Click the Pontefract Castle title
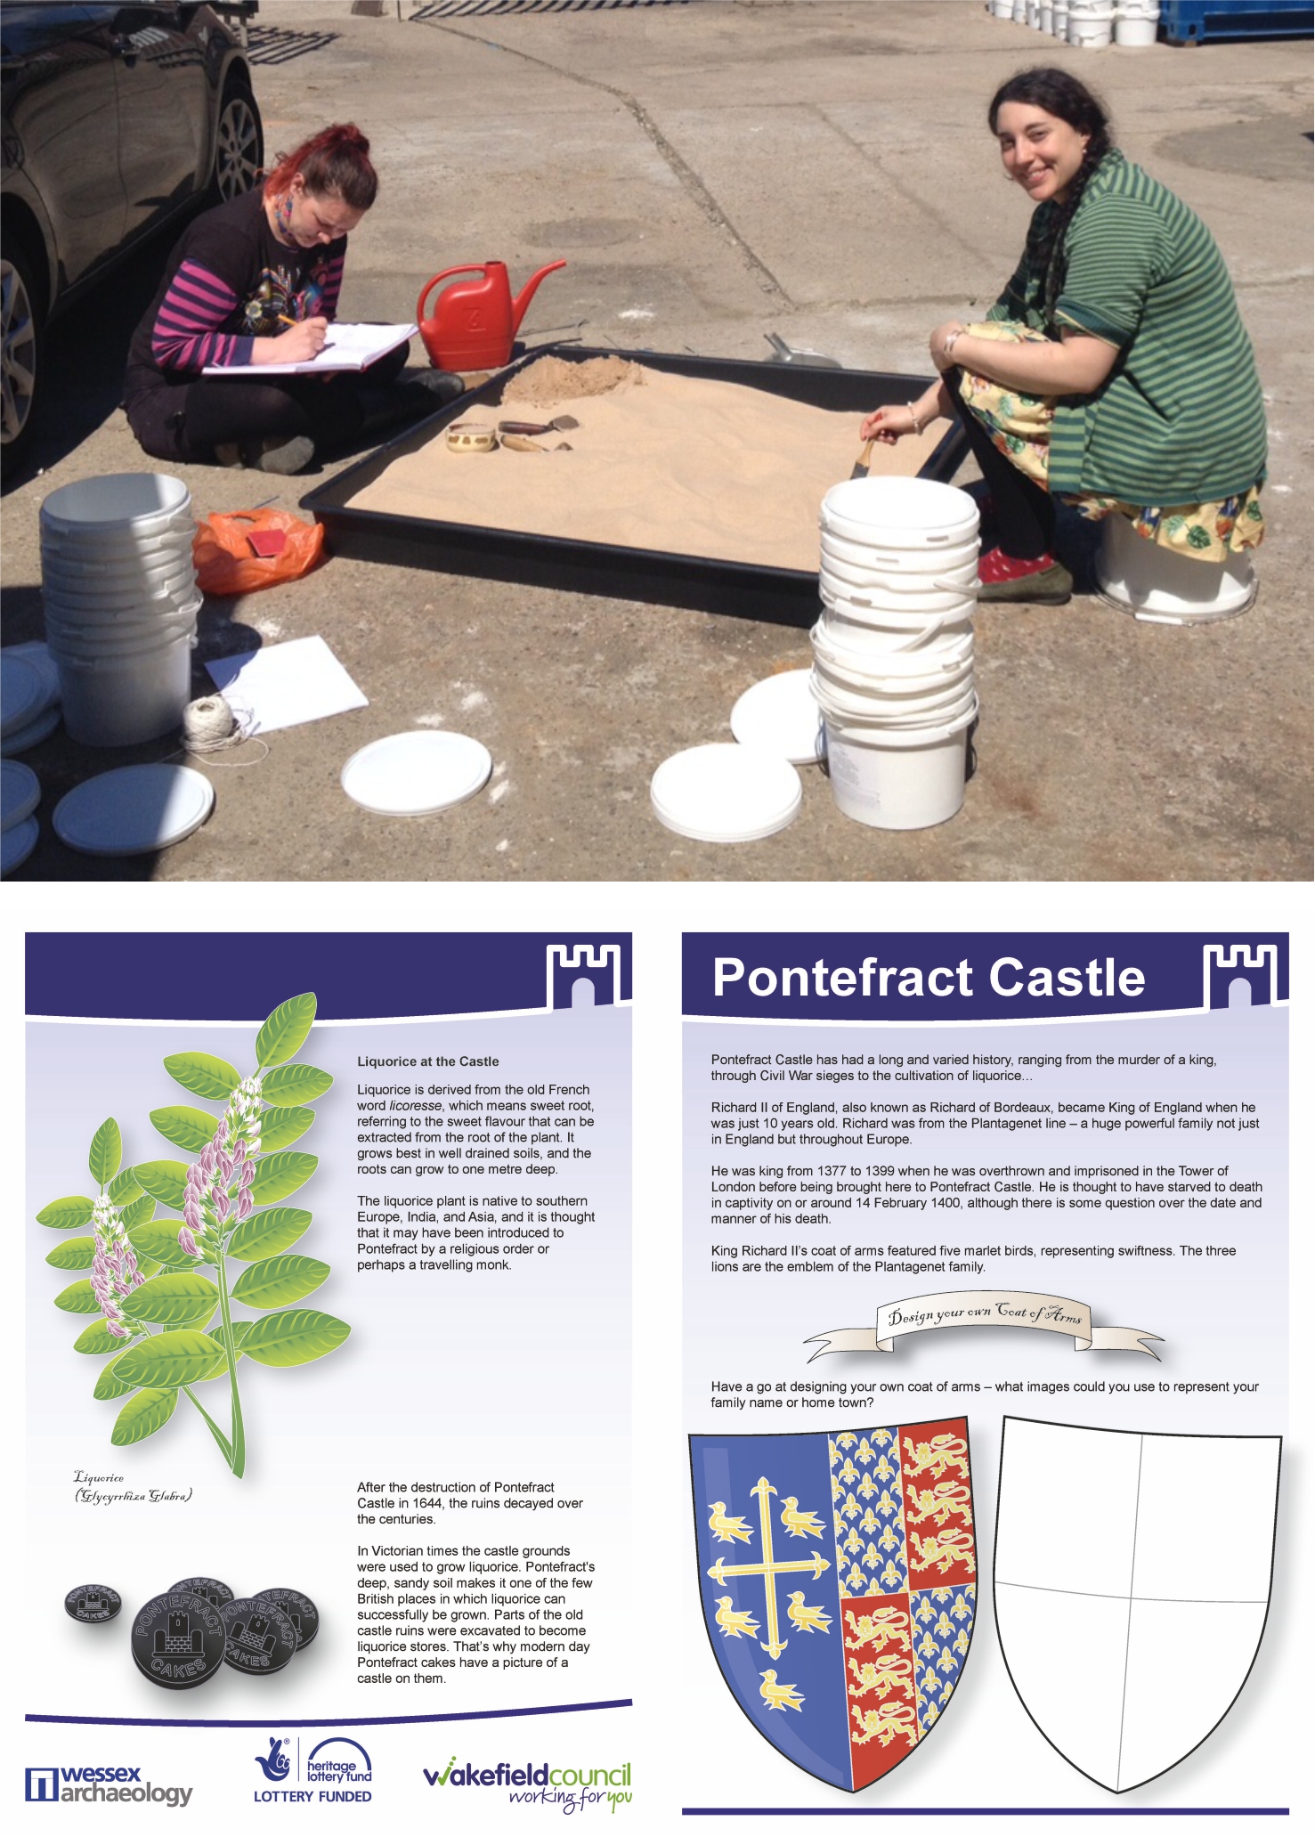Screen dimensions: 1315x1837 929,977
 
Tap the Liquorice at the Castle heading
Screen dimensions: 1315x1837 428,1061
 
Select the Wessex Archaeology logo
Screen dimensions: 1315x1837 109,1785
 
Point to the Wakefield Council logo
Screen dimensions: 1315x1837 528,1784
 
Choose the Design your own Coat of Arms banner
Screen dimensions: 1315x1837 984,1324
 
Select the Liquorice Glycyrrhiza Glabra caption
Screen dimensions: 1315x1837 133,1487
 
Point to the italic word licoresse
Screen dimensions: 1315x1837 416,1106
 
